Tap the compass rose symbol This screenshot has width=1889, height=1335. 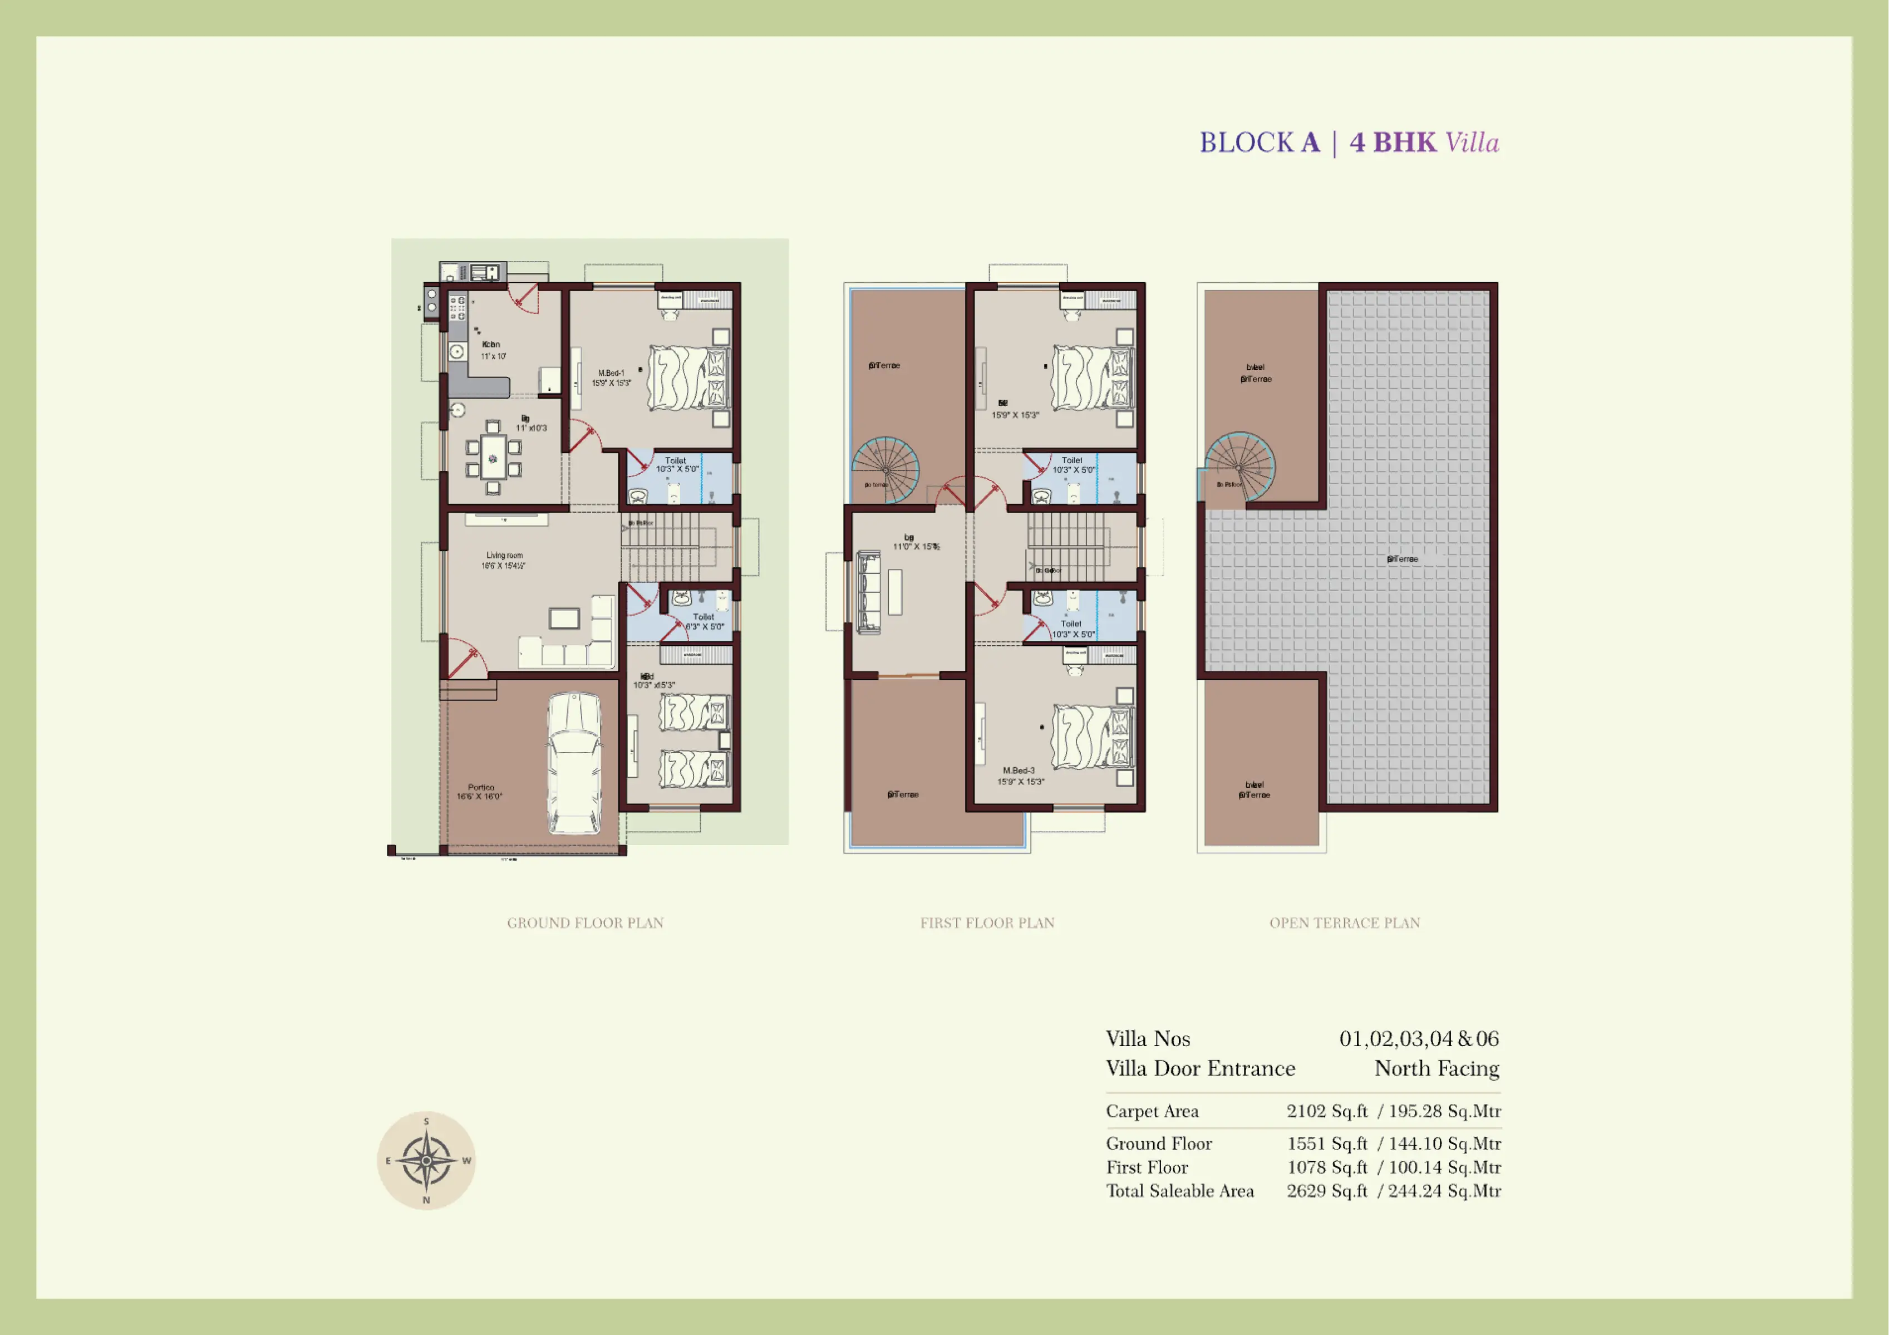coord(426,1161)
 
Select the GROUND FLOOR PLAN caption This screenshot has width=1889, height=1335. coord(585,922)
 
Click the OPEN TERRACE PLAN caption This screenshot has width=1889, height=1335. coord(1344,922)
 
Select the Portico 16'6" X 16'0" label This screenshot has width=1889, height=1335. coord(480,792)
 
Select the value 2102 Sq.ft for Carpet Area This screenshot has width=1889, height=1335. coord(1326,1111)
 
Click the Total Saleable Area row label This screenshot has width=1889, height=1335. coord(1179,1191)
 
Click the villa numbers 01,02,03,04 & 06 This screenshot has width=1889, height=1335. coord(1418,1039)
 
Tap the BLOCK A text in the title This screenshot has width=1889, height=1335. coord(1259,143)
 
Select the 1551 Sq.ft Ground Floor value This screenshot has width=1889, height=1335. coord(1326,1143)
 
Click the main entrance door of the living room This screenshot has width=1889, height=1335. coord(466,659)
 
